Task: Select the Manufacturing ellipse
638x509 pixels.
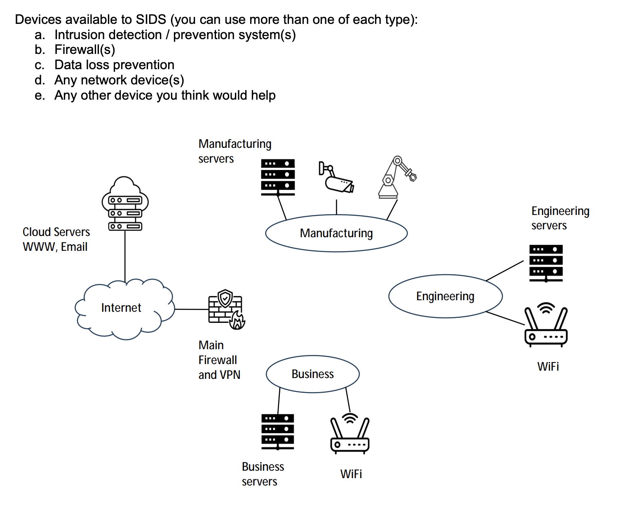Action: [336, 233]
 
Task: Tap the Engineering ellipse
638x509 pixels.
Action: [445, 296]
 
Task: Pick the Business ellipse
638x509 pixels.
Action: [312, 374]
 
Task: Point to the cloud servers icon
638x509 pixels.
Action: [125, 204]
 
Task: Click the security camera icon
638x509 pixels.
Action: [336, 177]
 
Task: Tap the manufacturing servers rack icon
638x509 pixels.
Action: [278, 177]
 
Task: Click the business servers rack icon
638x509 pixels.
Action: [277, 432]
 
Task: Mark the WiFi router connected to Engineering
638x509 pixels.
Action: [546, 325]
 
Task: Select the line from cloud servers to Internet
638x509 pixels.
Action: [125, 255]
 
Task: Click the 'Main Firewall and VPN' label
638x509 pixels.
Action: [219, 360]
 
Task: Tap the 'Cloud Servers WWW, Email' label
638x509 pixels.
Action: [56, 239]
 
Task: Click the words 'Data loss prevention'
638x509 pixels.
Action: [114, 65]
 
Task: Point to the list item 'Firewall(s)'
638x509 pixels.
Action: [84, 50]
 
